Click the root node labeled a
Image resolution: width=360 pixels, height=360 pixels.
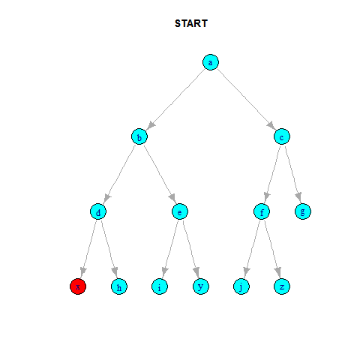(211, 62)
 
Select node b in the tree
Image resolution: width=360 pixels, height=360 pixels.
(139, 136)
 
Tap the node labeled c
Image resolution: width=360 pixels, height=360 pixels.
(282, 136)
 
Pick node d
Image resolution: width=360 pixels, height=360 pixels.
(98, 211)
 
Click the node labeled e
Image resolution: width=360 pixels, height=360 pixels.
(180, 211)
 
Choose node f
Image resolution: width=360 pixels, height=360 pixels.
(262, 211)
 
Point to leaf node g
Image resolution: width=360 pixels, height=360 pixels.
(303, 211)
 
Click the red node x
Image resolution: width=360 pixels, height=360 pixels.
(78, 286)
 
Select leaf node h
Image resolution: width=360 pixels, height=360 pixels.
(119, 286)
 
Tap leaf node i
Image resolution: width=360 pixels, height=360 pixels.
(160, 286)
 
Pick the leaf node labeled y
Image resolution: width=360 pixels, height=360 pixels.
(201, 286)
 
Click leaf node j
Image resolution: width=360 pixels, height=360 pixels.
(241, 286)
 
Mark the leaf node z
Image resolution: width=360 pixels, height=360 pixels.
(282, 286)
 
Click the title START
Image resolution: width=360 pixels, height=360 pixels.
(191, 23)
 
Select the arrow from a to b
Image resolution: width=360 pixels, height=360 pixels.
(175, 99)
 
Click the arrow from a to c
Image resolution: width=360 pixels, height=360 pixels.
(246, 99)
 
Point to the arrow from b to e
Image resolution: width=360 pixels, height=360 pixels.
(160, 174)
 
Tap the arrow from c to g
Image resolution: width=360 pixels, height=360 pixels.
(292, 174)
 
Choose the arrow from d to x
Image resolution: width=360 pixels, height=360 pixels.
(88, 249)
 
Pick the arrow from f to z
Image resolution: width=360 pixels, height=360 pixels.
(272, 249)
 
